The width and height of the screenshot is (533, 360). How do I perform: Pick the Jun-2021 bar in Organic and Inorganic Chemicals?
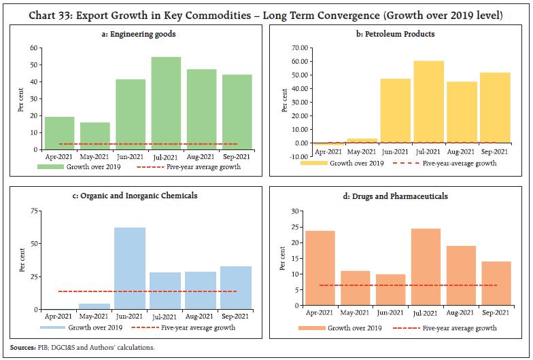click(x=130, y=268)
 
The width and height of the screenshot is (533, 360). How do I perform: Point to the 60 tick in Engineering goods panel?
click(x=32, y=48)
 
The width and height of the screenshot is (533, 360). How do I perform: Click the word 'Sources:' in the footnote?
click(x=21, y=348)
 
